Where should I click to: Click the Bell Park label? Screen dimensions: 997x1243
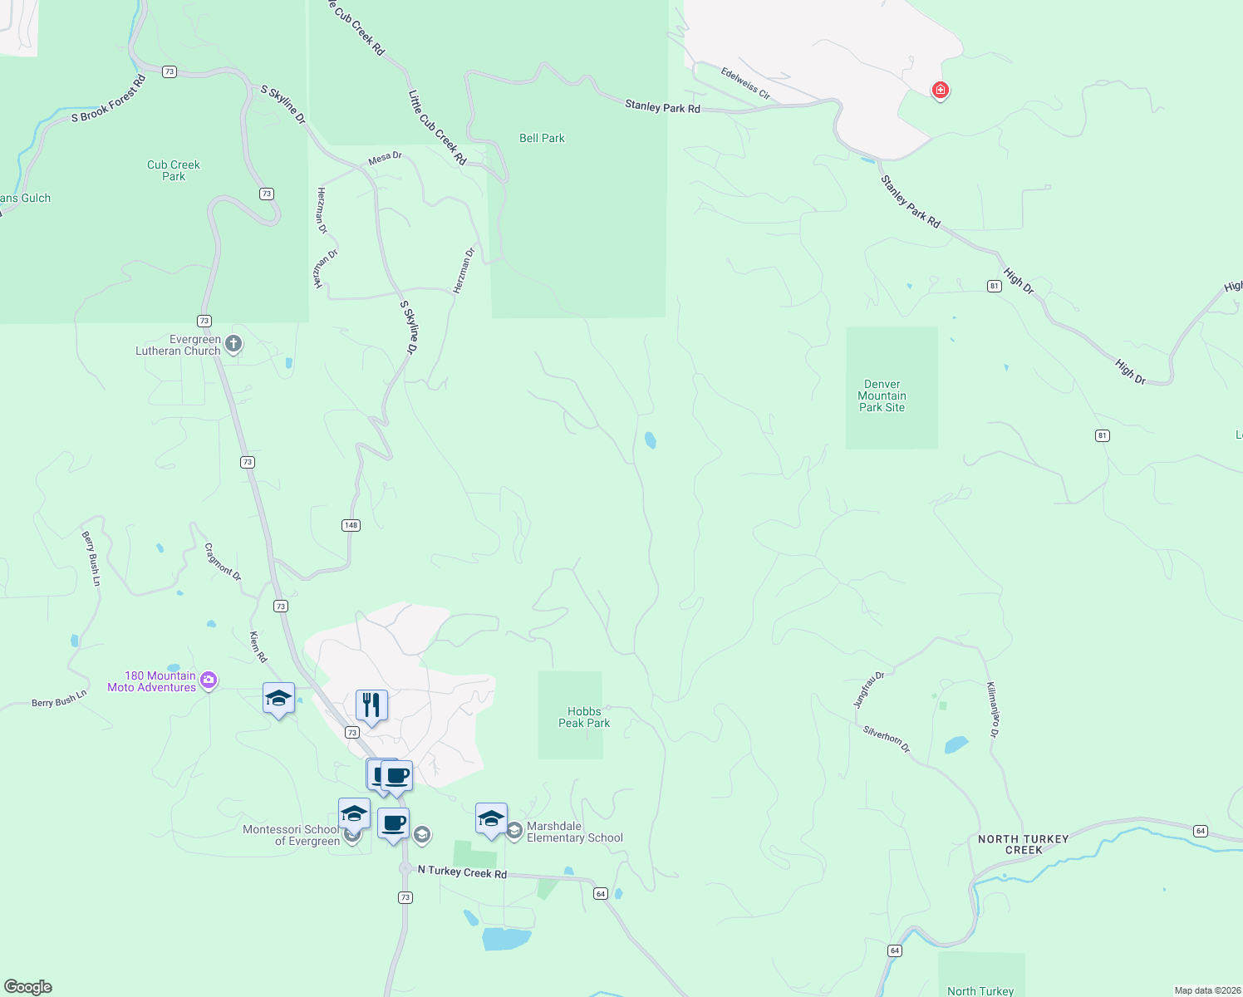542,139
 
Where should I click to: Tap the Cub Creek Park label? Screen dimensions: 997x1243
173,170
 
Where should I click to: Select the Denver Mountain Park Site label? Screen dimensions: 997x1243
882,396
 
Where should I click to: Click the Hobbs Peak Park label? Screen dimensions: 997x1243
583,717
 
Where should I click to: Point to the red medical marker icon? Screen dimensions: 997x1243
940,90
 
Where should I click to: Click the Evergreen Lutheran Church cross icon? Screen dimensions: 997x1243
234,344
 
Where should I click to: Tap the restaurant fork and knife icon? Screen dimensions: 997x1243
371,705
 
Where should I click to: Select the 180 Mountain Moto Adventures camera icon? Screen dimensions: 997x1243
209,680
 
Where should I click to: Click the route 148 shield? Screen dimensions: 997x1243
351,525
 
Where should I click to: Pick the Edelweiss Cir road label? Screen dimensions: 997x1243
745,84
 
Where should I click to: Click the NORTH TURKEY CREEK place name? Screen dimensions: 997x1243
1023,844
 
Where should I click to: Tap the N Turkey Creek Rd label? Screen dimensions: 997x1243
462,872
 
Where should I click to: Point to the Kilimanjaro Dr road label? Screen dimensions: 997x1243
992,710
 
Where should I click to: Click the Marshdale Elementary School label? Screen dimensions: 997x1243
574,832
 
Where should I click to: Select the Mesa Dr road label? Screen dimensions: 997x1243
385,157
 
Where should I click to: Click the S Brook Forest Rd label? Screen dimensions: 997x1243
108,99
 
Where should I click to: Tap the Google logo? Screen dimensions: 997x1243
28,987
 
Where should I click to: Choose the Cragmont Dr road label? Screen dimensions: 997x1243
223,562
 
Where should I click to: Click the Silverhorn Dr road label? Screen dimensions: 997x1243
887,739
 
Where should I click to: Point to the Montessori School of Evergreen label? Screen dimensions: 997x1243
291,835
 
